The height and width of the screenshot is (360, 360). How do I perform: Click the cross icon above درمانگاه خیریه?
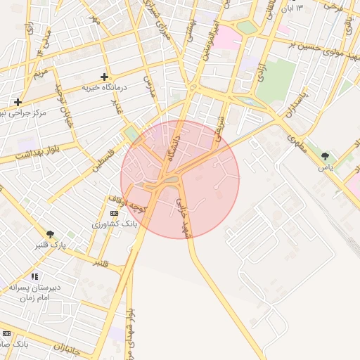[x=105, y=77]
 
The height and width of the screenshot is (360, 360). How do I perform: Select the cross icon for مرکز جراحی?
[x=18, y=102]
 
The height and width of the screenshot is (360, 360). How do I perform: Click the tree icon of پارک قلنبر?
[x=50, y=233]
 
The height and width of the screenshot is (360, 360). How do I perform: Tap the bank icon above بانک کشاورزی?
[x=114, y=213]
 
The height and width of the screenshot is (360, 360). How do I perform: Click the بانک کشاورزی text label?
[x=113, y=224]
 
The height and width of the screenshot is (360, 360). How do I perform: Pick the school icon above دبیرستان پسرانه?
[x=35, y=276]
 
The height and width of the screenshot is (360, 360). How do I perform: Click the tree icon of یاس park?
[x=325, y=156]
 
